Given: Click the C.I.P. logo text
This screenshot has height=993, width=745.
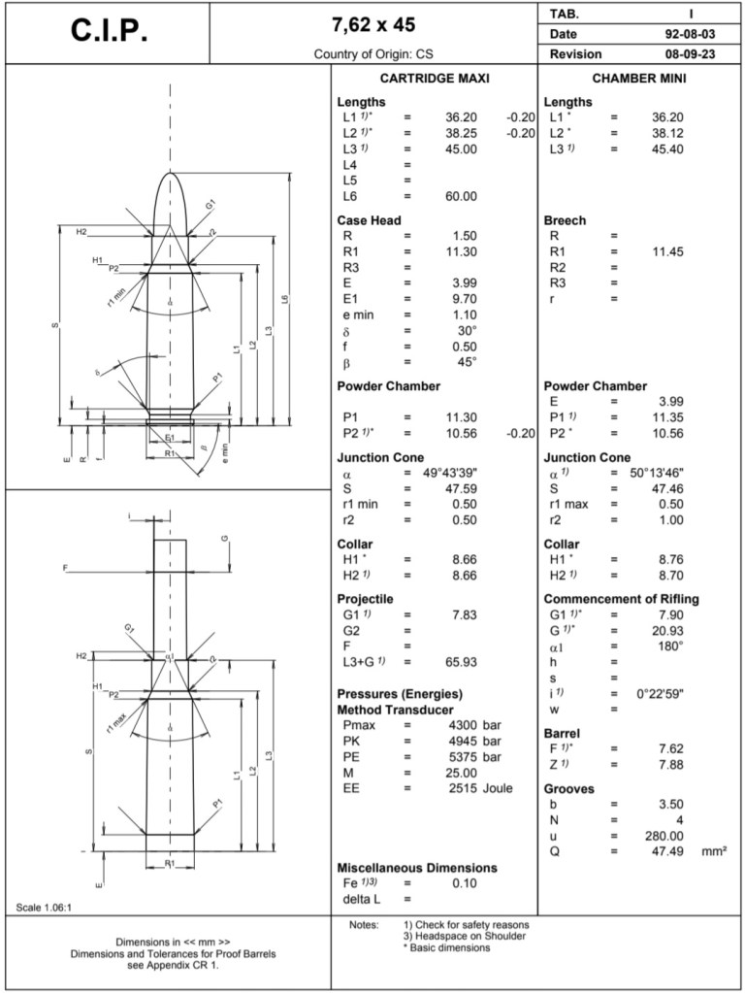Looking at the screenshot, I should coord(110,31).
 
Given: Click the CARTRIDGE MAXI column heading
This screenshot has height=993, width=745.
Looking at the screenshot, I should coord(435,78).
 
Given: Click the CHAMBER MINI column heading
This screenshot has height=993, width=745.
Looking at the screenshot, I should coord(639,78).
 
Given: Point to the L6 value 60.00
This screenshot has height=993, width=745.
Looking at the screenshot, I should coord(460,196).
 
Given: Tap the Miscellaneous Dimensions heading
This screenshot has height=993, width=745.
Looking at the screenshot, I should coord(416,867).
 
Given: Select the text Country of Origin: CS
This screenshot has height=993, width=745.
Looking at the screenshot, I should coord(372,53).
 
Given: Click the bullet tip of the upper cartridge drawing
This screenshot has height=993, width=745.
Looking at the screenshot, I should coord(171,174).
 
